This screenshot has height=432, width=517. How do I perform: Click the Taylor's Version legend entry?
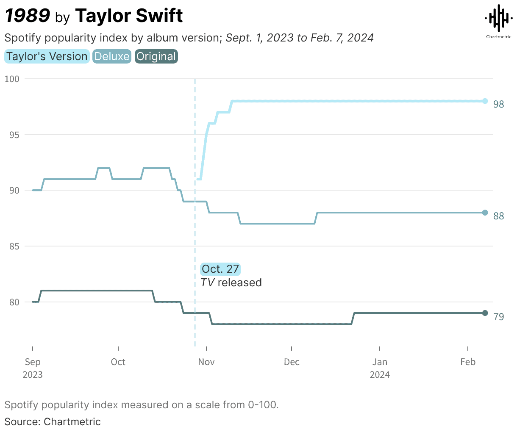click(x=47, y=57)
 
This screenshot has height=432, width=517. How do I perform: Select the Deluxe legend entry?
click(x=112, y=57)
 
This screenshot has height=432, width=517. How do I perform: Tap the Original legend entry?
click(x=156, y=57)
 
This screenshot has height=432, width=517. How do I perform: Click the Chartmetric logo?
click(x=498, y=22)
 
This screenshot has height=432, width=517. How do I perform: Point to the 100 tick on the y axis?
click(x=12, y=79)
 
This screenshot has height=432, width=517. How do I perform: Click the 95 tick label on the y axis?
click(x=14, y=135)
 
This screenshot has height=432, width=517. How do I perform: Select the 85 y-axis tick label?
click(x=14, y=246)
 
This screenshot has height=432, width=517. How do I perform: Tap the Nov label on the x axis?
click(x=206, y=362)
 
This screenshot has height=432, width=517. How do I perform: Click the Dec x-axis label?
click(x=292, y=362)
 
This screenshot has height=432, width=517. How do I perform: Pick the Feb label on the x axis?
click(x=468, y=362)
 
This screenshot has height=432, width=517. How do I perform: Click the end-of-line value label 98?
click(x=499, y=104)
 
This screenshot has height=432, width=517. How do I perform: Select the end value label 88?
click(x=499, y=216)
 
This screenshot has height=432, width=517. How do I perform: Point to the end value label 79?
click(x=499, y=317)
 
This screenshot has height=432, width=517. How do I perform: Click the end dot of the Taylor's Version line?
click(x=485, y=101)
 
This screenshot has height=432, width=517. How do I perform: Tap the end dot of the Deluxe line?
click(x=485, y=213)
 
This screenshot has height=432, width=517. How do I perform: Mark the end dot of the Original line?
click(x=485, y=313)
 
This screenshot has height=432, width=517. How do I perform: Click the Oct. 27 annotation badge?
click(x=220, y=269)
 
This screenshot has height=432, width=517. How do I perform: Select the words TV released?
click(x=231, y=283)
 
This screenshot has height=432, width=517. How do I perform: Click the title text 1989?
click(x=28, y=16)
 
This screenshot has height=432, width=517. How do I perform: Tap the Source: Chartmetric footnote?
click(x=53, y=422)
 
